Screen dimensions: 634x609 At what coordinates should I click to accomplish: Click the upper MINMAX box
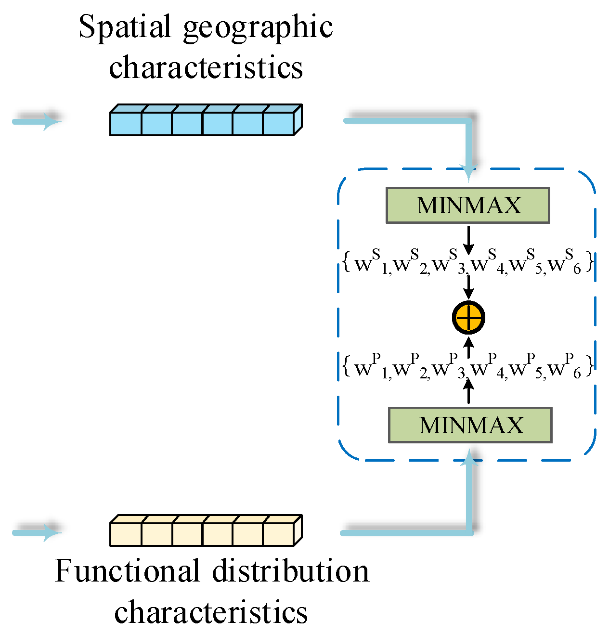467,206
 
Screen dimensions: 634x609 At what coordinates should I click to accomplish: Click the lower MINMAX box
470,425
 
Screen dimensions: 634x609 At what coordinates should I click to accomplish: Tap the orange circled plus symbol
468,318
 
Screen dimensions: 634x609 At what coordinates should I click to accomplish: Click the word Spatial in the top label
125,27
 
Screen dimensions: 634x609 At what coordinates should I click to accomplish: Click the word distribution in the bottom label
290,571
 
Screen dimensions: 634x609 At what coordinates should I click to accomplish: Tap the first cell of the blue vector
126,124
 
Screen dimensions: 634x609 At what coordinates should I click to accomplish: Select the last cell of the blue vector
278,124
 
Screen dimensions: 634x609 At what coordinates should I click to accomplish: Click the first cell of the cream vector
126,534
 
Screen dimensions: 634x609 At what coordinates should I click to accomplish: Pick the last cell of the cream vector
278,534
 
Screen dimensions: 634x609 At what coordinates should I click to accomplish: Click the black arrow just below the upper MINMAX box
468,239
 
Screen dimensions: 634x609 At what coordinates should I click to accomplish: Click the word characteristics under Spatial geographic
206,67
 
